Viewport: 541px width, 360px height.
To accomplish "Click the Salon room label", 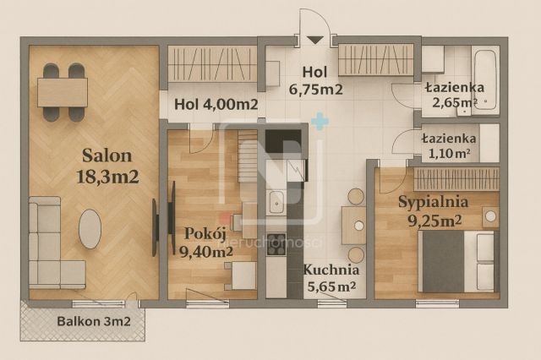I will tap(107, 155).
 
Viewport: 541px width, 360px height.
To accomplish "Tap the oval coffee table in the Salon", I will tap(90, 228).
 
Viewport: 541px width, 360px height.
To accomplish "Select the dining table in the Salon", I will tap(63, 91).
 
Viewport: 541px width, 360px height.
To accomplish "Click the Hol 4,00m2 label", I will tap(216, 106).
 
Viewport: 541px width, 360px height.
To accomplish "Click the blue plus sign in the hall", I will tap(319, 123).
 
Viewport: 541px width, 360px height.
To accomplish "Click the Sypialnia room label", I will tap(429, 203).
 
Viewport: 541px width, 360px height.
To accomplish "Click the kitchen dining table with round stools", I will tap(353, 225).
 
